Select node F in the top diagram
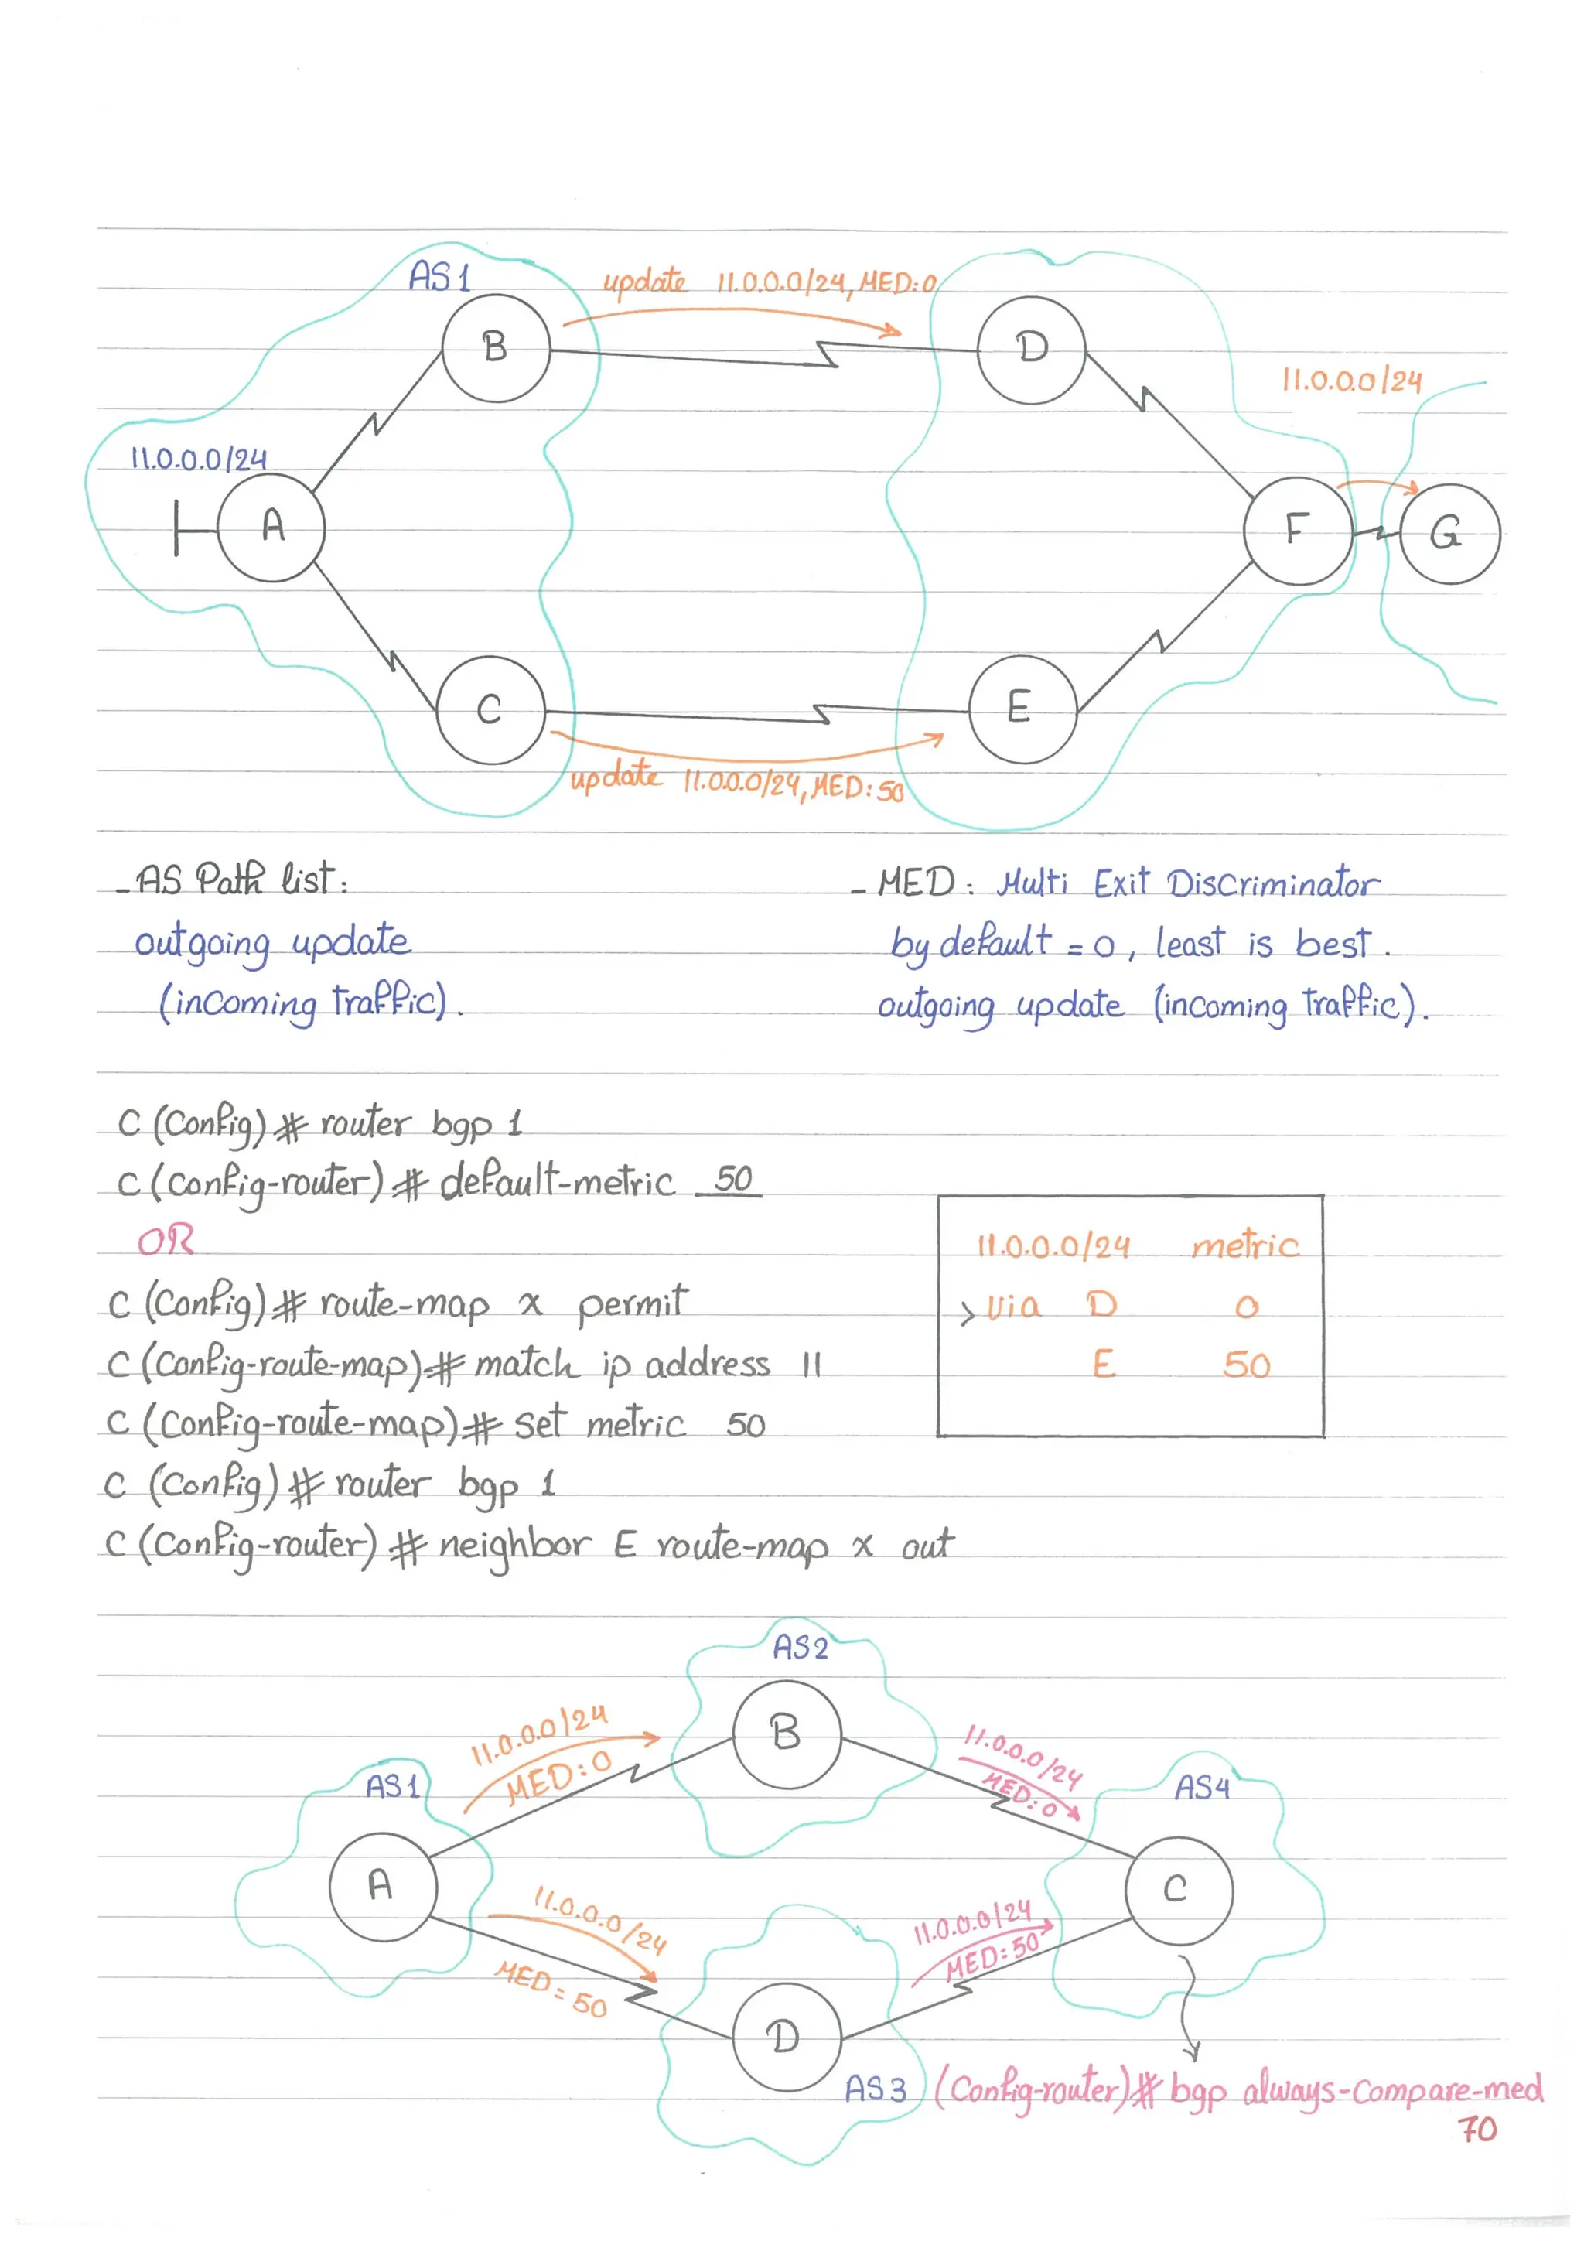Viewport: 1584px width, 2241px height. tap(1297, 531)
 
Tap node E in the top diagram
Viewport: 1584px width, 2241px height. tap(1022, 709)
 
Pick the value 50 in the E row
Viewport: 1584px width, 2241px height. tap(1246, 1365)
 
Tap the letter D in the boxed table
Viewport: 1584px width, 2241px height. tap(1102, 1304)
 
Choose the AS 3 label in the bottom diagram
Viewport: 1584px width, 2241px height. tap(875, 2089)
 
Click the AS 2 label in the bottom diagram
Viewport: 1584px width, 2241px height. tap(801, 1648)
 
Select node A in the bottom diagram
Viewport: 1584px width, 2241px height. tap(383, 1886)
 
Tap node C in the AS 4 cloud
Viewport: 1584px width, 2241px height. tap(1178, 1890)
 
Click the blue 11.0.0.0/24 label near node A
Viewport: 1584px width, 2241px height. tap(199, 459)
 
